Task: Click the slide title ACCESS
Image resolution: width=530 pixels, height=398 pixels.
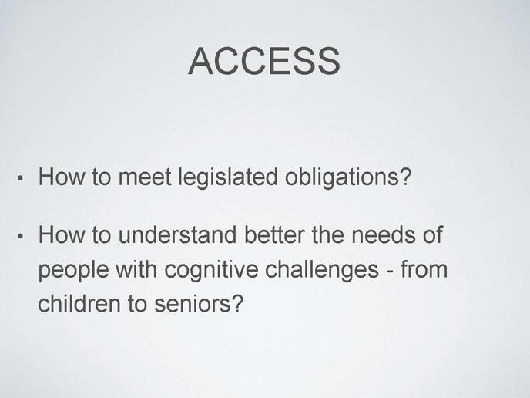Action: (x=264, y=61)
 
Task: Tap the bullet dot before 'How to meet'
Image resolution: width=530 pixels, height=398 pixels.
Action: (x=20, y=178)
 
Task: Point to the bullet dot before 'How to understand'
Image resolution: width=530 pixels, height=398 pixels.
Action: (x=20, y=236)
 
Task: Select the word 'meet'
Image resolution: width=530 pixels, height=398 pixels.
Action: (x=145, y=177)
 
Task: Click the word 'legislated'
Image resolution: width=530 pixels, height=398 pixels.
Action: (x=227, y=178)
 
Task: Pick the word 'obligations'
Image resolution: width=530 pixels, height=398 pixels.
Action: (x=341, y=178)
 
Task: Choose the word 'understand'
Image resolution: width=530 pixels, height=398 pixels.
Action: (x=177, y=234)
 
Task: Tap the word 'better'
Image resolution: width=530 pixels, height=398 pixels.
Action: (x=274, y=234)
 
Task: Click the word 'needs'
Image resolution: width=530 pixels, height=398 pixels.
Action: (x=383, y=234)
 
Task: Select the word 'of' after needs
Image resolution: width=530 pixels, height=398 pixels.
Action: (x=432, y=234)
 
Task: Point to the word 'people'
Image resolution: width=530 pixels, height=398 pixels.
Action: (x=73, y=271)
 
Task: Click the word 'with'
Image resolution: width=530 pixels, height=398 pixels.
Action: (x=136, y=269)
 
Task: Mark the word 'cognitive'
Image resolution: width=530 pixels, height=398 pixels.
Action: (x=211, y=271)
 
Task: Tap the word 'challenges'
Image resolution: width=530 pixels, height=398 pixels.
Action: (x=321, y=271)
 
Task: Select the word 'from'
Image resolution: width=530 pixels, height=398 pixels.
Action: (x=424, y=269)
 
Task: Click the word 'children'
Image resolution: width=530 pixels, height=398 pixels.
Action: (x=79, y=303)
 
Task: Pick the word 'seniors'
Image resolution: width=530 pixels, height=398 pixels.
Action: (x=193, y=304)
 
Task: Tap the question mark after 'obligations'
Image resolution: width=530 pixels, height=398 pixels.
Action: (x=405, y=176)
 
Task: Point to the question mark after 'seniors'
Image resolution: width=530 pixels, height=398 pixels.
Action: (x=237, y=303)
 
